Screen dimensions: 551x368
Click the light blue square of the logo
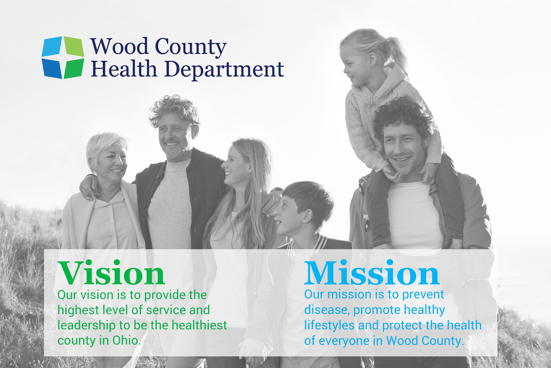[52, 46]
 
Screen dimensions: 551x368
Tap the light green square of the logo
[74, 47]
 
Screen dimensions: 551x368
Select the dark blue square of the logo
[52, 69]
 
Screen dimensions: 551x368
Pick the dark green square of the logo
[74, 69]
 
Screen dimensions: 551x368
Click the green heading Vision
[111, 273]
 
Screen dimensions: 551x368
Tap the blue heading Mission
[372, 273]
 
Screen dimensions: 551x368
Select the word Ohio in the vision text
[126, 340]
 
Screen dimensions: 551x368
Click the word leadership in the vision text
[86, 326]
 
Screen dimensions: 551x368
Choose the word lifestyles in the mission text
[329, 326]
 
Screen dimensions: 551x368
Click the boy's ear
[308, 216]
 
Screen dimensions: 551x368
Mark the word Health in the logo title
[124, 69]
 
